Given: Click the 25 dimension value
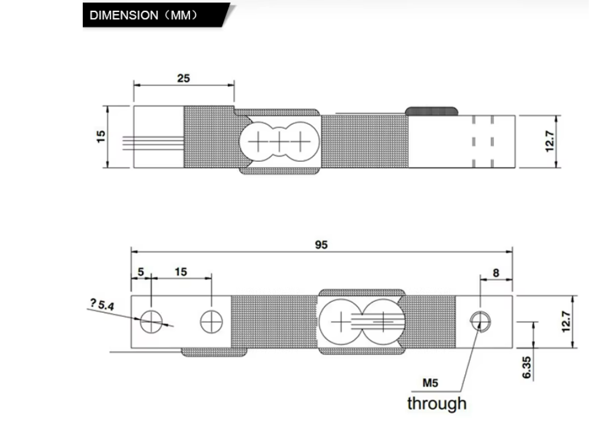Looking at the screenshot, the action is click(x=183, y=78).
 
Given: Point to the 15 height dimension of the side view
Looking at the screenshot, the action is click(x=101, y=136).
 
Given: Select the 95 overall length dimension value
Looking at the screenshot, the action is click(x=321, y=245).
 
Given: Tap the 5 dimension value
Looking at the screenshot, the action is click(x=141, y=271).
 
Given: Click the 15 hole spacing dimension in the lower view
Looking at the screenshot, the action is click(x=181, y=272).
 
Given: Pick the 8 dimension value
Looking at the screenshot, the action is click(x=496, y=273).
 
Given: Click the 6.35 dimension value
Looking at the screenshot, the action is click(x=527, y=367).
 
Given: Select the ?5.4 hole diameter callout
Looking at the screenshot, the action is click(x=102, y=304).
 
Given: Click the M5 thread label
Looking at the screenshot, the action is click(x=431, y=383).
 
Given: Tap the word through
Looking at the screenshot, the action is click(x=437, y=403).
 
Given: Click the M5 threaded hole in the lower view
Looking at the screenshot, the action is click(x=480, y=322).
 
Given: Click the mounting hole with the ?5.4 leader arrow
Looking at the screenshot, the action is click(x=151, y=322).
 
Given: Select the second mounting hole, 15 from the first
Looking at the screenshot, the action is click(x=212, y=322).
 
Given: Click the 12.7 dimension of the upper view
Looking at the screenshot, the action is click(x=550, y=141).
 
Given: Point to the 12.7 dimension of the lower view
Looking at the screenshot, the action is click(x=566, y=322).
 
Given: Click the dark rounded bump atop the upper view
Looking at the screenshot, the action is click(x=432, y=111).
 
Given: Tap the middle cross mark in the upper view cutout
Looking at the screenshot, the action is click(x=279, y=141).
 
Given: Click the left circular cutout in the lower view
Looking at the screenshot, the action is click(x=341, y=322).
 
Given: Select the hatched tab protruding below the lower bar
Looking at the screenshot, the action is click(x=214, y=352).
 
